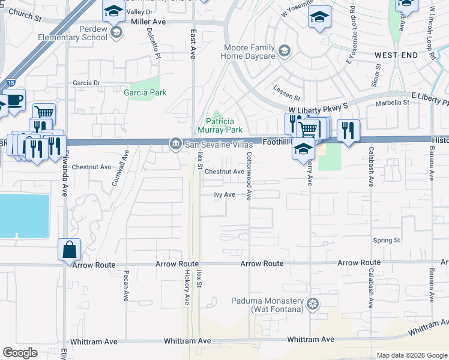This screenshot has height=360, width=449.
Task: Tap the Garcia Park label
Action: (x=145, y=93)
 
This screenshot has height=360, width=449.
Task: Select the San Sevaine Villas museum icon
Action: (x=176, y=143)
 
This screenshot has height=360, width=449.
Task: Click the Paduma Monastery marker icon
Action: (x=312, y=305)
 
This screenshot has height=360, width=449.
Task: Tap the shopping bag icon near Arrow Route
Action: (x=69, y=250)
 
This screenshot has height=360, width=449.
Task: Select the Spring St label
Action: (x=387, y=240)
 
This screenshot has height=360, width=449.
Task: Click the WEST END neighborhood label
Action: (x=396, y=55)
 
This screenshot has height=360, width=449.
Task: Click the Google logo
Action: (x=20, y=353)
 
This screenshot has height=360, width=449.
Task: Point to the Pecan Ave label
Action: (x=126, y=285)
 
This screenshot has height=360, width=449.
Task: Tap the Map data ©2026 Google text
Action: (x=412, y=355)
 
